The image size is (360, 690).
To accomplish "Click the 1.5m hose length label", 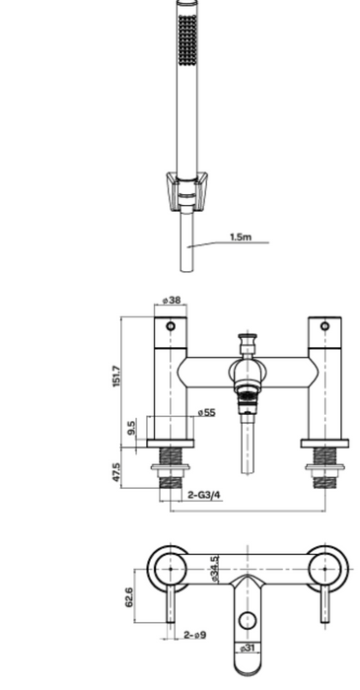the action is [241, 237].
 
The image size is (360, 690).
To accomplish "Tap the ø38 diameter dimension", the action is [172, 300].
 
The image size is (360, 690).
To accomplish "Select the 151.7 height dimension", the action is [116, 376].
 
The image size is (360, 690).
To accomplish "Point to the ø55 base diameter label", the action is [206, 412].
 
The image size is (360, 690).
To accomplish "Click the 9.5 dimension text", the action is [131, 428].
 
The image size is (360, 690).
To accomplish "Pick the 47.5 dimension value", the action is [116, 472].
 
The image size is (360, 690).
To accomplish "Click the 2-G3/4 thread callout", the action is [204, 495].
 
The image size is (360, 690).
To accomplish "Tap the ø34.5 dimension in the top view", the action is [214, 569].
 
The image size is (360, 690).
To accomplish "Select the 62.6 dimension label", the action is [129, 597].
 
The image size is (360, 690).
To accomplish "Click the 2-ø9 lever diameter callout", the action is [195, 635].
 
